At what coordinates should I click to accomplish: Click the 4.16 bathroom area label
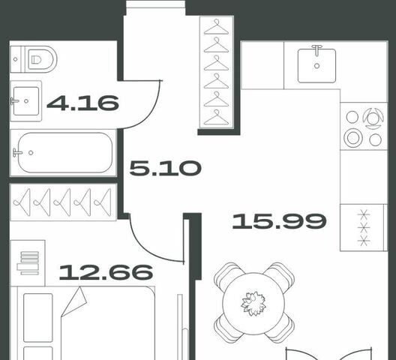click(82, 103)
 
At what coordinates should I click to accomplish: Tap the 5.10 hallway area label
click(166, 168)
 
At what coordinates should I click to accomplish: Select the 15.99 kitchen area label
click(279, 221)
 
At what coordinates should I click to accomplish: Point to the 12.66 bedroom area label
click(106, 272)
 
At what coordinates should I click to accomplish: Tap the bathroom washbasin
click(25, 100)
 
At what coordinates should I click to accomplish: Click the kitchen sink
click(316, 66)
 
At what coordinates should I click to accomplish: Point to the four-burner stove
click(364, 126)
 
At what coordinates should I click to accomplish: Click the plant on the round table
click(253, 304)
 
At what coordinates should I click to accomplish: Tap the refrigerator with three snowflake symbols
click(364, 227)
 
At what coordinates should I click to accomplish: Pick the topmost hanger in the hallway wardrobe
click(216, 27)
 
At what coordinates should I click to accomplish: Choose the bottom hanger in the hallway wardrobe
click(216, 118)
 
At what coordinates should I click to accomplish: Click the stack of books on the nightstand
click(28, 263)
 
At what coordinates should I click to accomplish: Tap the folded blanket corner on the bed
click(74, 301)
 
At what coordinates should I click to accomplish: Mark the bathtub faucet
click(17, 152)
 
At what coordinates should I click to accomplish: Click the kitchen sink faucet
click(316, 49)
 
